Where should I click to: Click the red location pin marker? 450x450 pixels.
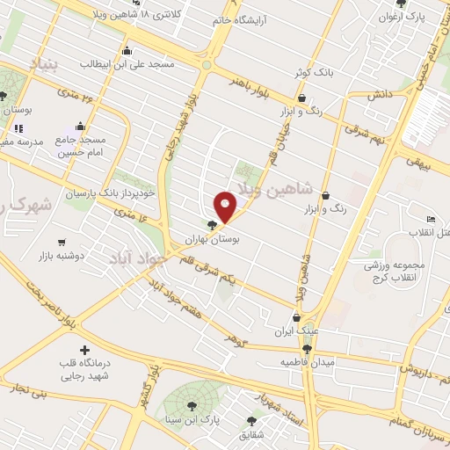point(226,206)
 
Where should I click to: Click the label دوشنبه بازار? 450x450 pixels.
point(61,256)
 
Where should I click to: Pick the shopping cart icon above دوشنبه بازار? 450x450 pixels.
point(62,243)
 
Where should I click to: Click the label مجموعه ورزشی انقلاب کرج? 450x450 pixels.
point(403,270)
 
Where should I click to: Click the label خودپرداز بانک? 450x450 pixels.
point(123,191)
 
